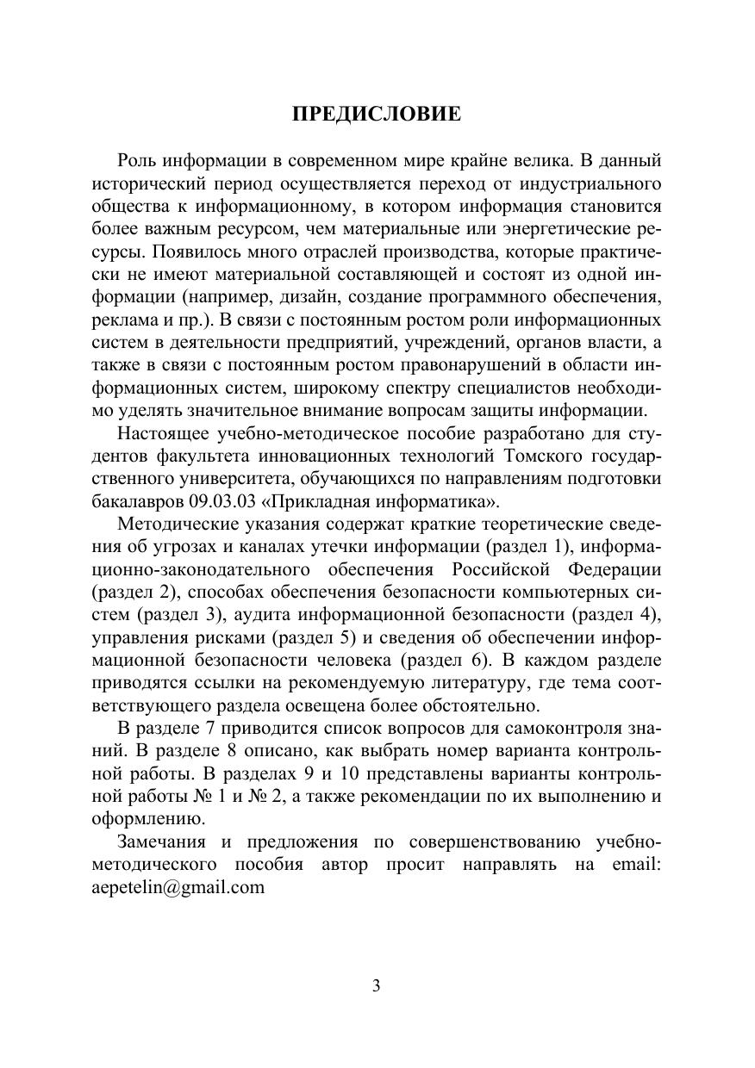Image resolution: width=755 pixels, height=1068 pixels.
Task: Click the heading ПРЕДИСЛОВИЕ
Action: click(x=377, y=115)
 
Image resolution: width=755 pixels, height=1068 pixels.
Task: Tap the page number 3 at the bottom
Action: click(x=377, y=986)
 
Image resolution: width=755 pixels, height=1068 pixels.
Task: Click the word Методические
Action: click(x=172, y=524)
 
